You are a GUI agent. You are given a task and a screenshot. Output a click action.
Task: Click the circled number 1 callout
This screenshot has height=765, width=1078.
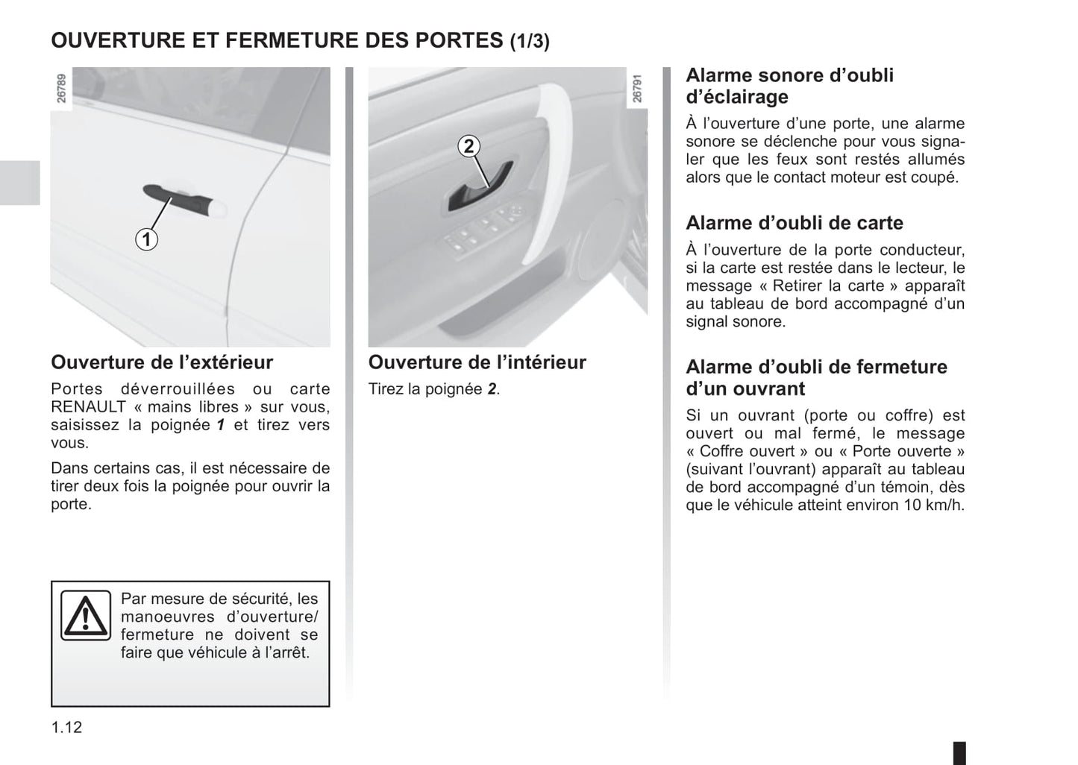tap(146, 239)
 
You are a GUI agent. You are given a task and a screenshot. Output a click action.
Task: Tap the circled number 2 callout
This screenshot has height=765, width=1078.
tap(469, 146)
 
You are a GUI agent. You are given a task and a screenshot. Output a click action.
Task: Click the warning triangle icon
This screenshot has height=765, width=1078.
tap(85, 616)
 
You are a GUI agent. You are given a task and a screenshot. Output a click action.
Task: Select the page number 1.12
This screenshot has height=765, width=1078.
tap(66, 727)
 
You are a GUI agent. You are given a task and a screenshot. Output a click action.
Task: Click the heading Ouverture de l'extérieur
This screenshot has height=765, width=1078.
tap(162, 362)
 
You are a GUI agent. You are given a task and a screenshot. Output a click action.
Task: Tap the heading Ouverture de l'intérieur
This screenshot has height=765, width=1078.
tap(477, 362)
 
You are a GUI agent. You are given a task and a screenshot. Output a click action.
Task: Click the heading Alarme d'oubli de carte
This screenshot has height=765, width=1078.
tap(794, 223)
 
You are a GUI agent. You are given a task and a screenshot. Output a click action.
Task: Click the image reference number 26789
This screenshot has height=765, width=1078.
tap(62, 88)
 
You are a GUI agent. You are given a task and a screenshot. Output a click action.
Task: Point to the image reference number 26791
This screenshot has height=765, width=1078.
tap(636, 88)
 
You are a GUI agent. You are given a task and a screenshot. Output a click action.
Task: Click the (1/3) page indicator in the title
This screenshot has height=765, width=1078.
tap(530, 41)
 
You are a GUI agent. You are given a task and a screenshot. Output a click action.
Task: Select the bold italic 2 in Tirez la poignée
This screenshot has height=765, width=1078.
tap(492, 389)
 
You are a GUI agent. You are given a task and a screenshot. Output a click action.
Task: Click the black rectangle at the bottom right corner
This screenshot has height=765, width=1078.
tap(959, 752)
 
